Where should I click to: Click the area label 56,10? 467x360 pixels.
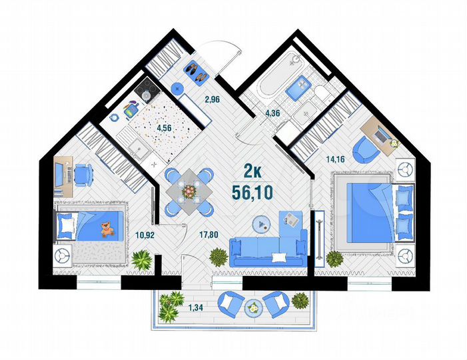click(x=252, y=193)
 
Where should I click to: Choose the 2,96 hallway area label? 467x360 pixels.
click(x=212, y=99)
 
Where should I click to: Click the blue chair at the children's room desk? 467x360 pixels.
click(x=83, y=175)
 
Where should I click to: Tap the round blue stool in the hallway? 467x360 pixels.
click(x=177, y=88)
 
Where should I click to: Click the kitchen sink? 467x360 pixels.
click(x=137, y=147)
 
